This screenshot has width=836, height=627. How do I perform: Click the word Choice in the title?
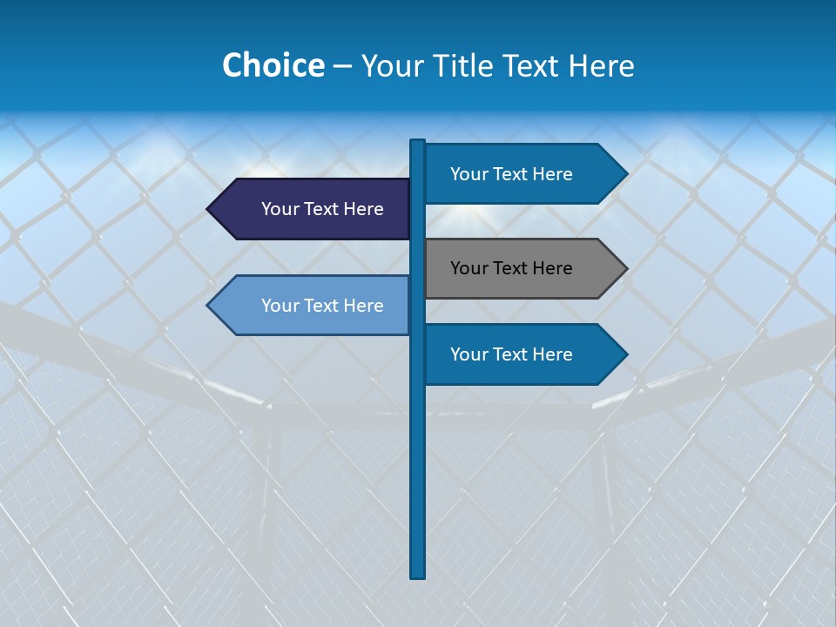pyautogui.click(x=273, y=65)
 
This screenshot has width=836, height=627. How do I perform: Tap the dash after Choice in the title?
pyautogui.click(x=342, y=66)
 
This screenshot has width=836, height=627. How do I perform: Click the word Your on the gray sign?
pyautogui.click(x=469, y=268)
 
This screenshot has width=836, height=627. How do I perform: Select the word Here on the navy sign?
pyautogui.click(x=364, y=209)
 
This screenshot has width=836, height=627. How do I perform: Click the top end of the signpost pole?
pyautogui.click(x=417, y=143)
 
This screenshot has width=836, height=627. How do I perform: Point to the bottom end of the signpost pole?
pyautogui.click(x=417, y=575)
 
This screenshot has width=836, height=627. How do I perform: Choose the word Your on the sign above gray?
pyautogui.click(x=469, y=174)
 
